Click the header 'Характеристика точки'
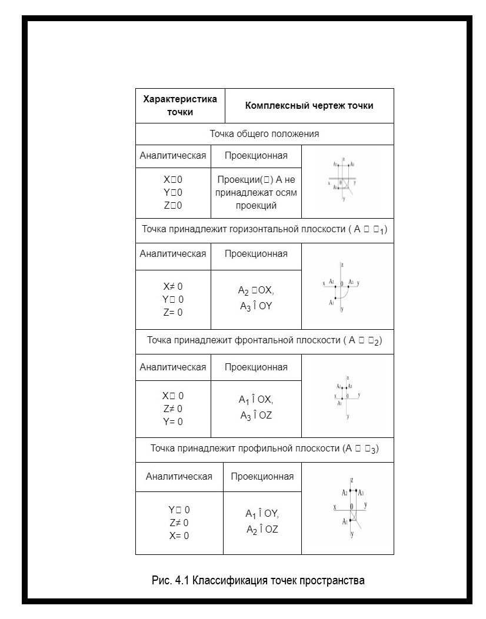click(x=180, y=106)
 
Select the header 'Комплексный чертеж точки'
click(x=309, y=106)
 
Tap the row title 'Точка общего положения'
click(x=264, y=134)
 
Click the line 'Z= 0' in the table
click(x=173, y=313)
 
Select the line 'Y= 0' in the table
click(x=173, y=421)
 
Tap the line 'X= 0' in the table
click(x=179, y=536)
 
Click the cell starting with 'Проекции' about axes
click(x=256, y=193)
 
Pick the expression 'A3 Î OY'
click(x=255, y=306)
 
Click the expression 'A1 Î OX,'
click(x=256, y=400)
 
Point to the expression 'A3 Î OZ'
click(x=255, y=416)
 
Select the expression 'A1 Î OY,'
click(x=262, y=514)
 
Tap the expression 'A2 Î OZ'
click(x=262, y=529)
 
